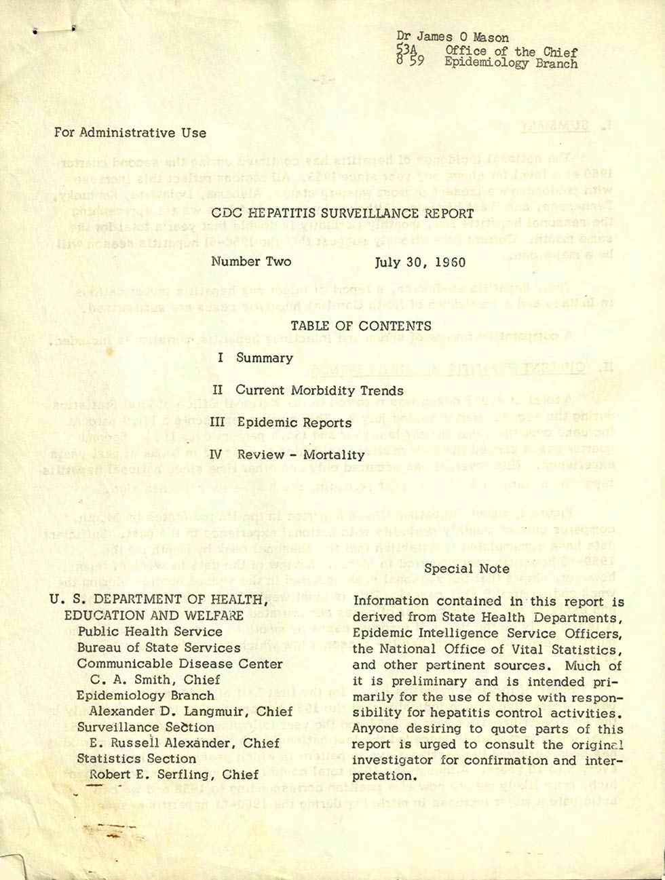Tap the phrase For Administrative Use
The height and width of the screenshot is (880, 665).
point(130,133)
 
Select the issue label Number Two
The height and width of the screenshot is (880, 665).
point(250,261)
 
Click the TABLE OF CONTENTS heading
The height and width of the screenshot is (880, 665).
point(360,326)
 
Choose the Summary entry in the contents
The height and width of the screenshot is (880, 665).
point(264,358)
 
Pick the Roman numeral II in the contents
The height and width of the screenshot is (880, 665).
point(217,390)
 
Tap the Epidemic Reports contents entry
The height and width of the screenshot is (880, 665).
point(294,423)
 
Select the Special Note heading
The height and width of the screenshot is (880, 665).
point(467,569)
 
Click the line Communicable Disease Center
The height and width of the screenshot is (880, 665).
point(180,664)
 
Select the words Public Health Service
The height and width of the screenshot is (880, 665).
point(140,631)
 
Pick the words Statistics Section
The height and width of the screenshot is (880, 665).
point(136,759)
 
